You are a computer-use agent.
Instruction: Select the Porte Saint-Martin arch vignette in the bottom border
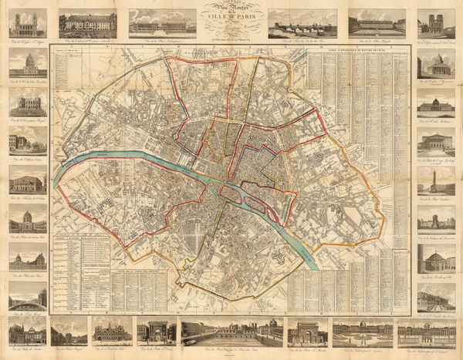click(307, 331)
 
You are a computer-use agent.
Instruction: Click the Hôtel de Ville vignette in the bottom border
click(112, 331)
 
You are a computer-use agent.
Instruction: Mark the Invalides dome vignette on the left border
click(28, 220)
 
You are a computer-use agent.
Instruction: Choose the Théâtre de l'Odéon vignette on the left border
click(28, 183)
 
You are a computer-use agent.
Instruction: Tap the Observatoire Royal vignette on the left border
click(28, 104)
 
